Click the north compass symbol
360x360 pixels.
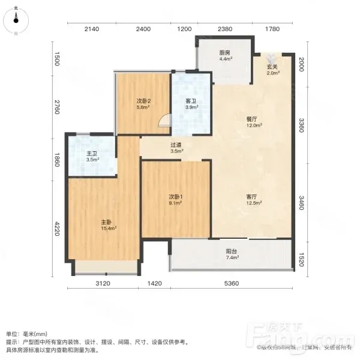point(16,20)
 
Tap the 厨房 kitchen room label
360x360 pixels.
point(224,53)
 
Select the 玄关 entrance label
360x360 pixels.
point(272,67)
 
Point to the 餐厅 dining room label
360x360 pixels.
point(251,119)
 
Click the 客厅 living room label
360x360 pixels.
point(251,197)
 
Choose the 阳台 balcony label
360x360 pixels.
point(232,251)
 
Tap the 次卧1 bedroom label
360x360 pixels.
point(176,197)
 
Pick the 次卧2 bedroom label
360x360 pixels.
point(144,101)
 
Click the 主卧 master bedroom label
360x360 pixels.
point(106,222)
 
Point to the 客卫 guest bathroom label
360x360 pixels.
point(191,101)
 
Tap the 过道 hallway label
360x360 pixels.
point(176,145)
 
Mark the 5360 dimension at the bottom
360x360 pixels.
point(232,284)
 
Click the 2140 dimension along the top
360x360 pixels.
point(92,29)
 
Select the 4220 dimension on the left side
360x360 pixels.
point(57,229)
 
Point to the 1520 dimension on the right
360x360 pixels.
point(302,260)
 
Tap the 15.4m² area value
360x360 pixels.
point(109,229)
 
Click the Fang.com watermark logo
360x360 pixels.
point(298,336)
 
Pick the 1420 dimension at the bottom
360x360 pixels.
point(155,284)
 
